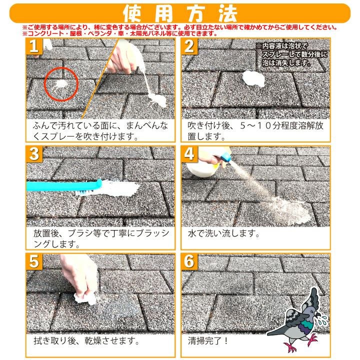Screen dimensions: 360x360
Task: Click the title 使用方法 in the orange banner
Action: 180,12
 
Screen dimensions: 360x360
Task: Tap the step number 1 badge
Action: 34,47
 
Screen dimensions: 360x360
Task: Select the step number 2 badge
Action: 189,47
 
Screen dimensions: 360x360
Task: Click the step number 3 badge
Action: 34,154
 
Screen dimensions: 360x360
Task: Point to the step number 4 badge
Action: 189,154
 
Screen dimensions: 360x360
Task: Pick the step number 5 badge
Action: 34,262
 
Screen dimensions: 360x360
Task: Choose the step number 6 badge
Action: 189,262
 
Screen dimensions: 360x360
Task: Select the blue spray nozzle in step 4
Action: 223,157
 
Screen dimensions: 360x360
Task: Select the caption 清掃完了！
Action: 208,341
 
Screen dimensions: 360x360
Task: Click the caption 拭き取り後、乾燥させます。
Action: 85,341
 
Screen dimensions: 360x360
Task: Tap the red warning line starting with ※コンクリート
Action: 120,33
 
